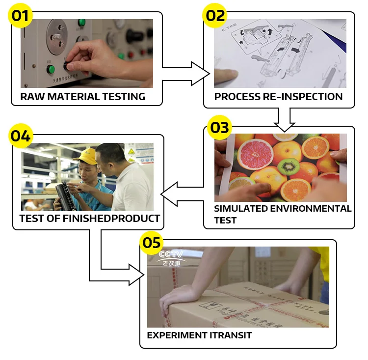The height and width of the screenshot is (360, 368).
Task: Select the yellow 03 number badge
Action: tap(219, 127)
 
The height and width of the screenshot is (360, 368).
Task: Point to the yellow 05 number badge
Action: tap(151, 242)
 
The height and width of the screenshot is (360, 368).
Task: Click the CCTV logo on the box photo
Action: tap(170, 256)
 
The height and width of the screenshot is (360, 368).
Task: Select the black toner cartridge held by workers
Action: tap(62, 194)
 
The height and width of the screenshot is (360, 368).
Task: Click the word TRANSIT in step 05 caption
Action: tap(233, 335)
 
